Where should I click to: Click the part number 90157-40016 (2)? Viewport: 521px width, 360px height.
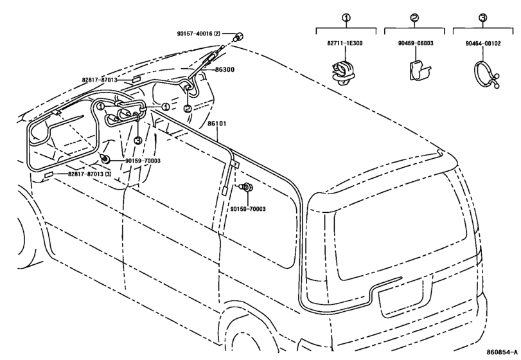tap(199, 33)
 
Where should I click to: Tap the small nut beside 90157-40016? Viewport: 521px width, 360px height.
tap(238, 36)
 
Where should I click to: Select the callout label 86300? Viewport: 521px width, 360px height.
tap(225, 69)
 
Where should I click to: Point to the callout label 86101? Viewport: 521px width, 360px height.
tap(217, 123)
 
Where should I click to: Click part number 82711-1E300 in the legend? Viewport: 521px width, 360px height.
tap(345, 43)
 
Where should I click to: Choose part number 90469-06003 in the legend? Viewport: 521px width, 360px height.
tap(416, 43)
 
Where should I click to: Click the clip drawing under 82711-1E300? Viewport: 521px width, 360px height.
tap(344, 73)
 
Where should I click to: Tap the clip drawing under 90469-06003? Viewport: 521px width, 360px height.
tap(419, 71)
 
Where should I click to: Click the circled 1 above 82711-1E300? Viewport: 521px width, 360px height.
tap(346, 17)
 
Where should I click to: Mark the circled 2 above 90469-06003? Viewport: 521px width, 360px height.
tap(414, 17)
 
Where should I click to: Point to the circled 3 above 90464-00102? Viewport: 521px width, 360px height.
tap(483, 17)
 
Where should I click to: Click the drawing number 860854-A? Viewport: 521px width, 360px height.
tap(502, 352)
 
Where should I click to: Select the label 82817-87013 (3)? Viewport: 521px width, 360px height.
tap(90, 174)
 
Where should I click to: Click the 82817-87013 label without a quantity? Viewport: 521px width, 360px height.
tap(100, 80)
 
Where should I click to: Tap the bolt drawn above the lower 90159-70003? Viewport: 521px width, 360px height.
tap(247, 188)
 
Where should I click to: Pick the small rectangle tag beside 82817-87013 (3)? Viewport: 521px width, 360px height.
tap(49, 175)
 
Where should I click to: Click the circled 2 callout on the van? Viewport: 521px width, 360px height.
tap(188, 109)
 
